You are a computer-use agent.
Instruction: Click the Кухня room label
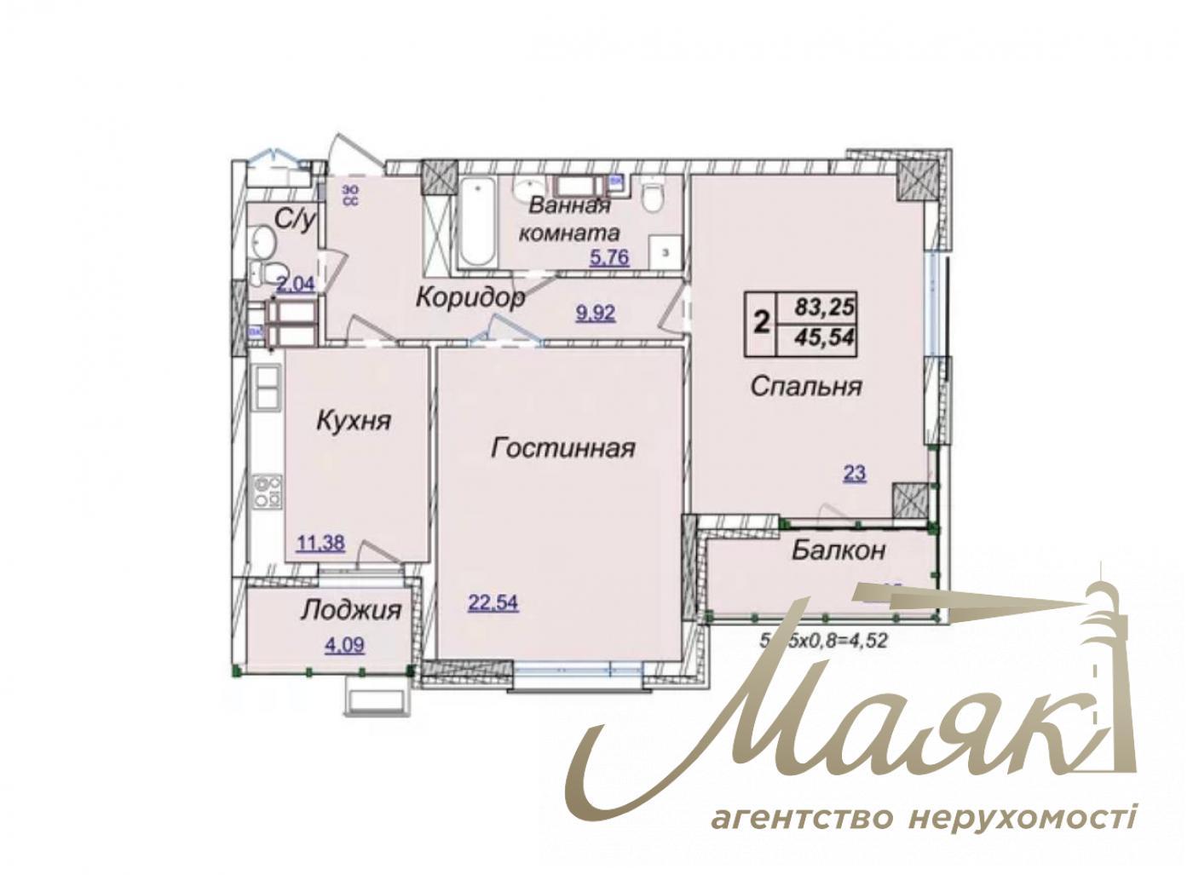pyautogui.click(x=353, y=420)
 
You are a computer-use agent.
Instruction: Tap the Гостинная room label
pyautogui.click(x=563, y=448)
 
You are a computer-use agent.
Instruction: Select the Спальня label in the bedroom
pyautogui.click(x=806, y=386)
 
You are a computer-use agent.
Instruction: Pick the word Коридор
pyautogui.click(x=469, y=297)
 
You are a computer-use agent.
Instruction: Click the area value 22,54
pyautogui.click(x=493, y=603)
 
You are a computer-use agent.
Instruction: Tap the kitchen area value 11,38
pyautogui.click(x=320, y=542)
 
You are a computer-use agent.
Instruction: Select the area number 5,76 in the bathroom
pyautogui.click(x=609, y=256)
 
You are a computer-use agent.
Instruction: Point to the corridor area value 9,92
pyautogui.click(x=596, y=313)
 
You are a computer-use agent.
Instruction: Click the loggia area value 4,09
pyautogui.click(x=344, y=645)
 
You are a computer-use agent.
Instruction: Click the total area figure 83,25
pyautogui.click(x=824, y=304)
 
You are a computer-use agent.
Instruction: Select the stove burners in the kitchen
pyautogui.click(x=268, y=493)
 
